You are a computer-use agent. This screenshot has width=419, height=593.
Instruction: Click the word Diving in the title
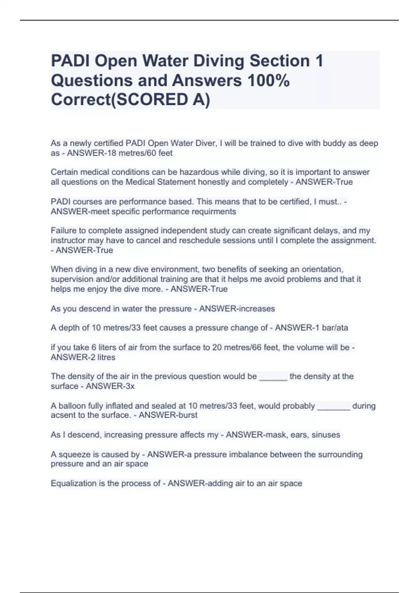coord(218,61)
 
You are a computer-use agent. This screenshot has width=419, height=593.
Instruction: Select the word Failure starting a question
coord(63,231)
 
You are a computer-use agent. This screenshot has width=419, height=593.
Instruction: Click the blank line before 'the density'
coord(273,377)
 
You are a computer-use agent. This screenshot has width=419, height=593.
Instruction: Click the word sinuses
coord(326,435)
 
